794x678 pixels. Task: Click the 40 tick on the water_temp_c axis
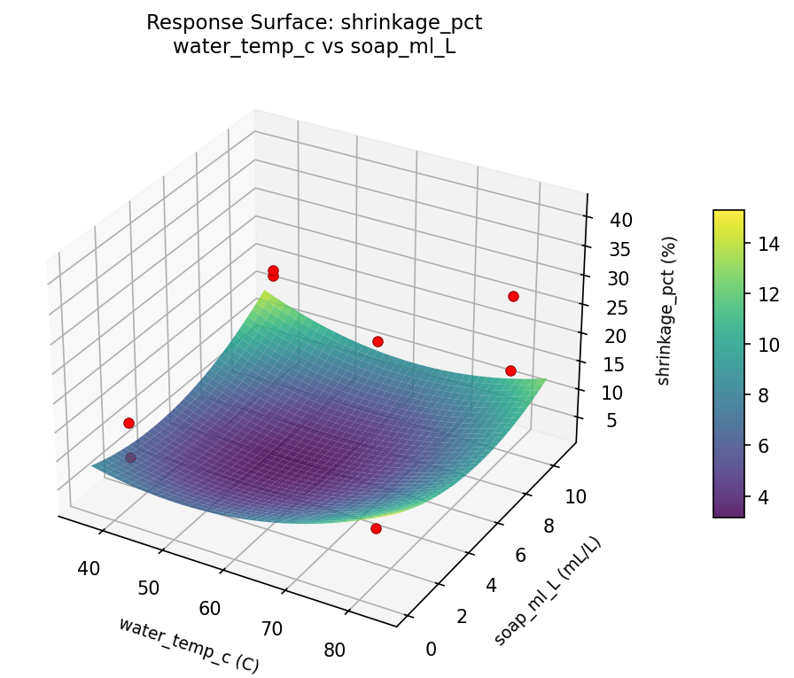pos(89,568)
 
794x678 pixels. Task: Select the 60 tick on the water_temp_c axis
pos(210,608)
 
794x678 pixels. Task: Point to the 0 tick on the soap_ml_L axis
pos(432,649)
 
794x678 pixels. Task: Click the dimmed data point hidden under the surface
pos(131,458)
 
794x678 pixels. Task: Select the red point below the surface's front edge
pos(376,529)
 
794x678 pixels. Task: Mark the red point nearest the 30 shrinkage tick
pos(513,296)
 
